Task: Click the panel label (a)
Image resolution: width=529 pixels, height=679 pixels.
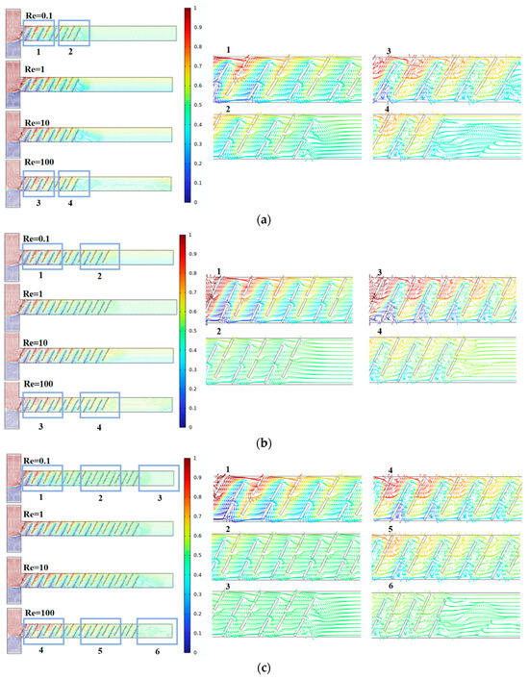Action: click(x=263, y=219)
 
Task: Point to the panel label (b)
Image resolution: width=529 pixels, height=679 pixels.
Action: click(x=263, y=443)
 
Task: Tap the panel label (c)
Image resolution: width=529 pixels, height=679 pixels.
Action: click(x=263, y=669)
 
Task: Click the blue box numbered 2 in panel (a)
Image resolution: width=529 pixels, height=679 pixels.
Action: click(x=74, y=34)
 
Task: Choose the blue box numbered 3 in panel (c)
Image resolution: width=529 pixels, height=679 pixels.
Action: click(x=159, y=478)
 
